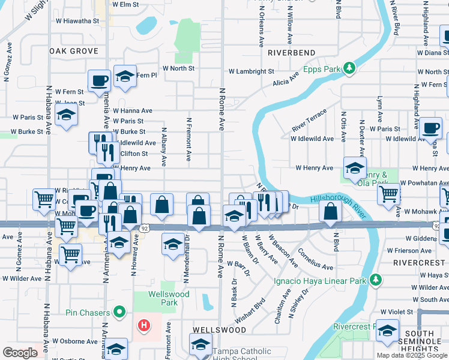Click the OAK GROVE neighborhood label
coord(74,52)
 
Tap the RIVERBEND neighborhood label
coord(291,53)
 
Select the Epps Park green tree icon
coord(350,69)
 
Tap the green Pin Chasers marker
coord(119,312)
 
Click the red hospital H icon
coord(144,326)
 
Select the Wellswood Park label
coord(170,298)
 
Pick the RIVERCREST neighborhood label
coord(418,263)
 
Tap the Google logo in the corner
coord(20,353)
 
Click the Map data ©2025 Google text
coord(412,355)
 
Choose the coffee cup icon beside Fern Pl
coord(99,80)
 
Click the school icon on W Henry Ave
coord(355,167)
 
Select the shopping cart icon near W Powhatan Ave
coord(389,194)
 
